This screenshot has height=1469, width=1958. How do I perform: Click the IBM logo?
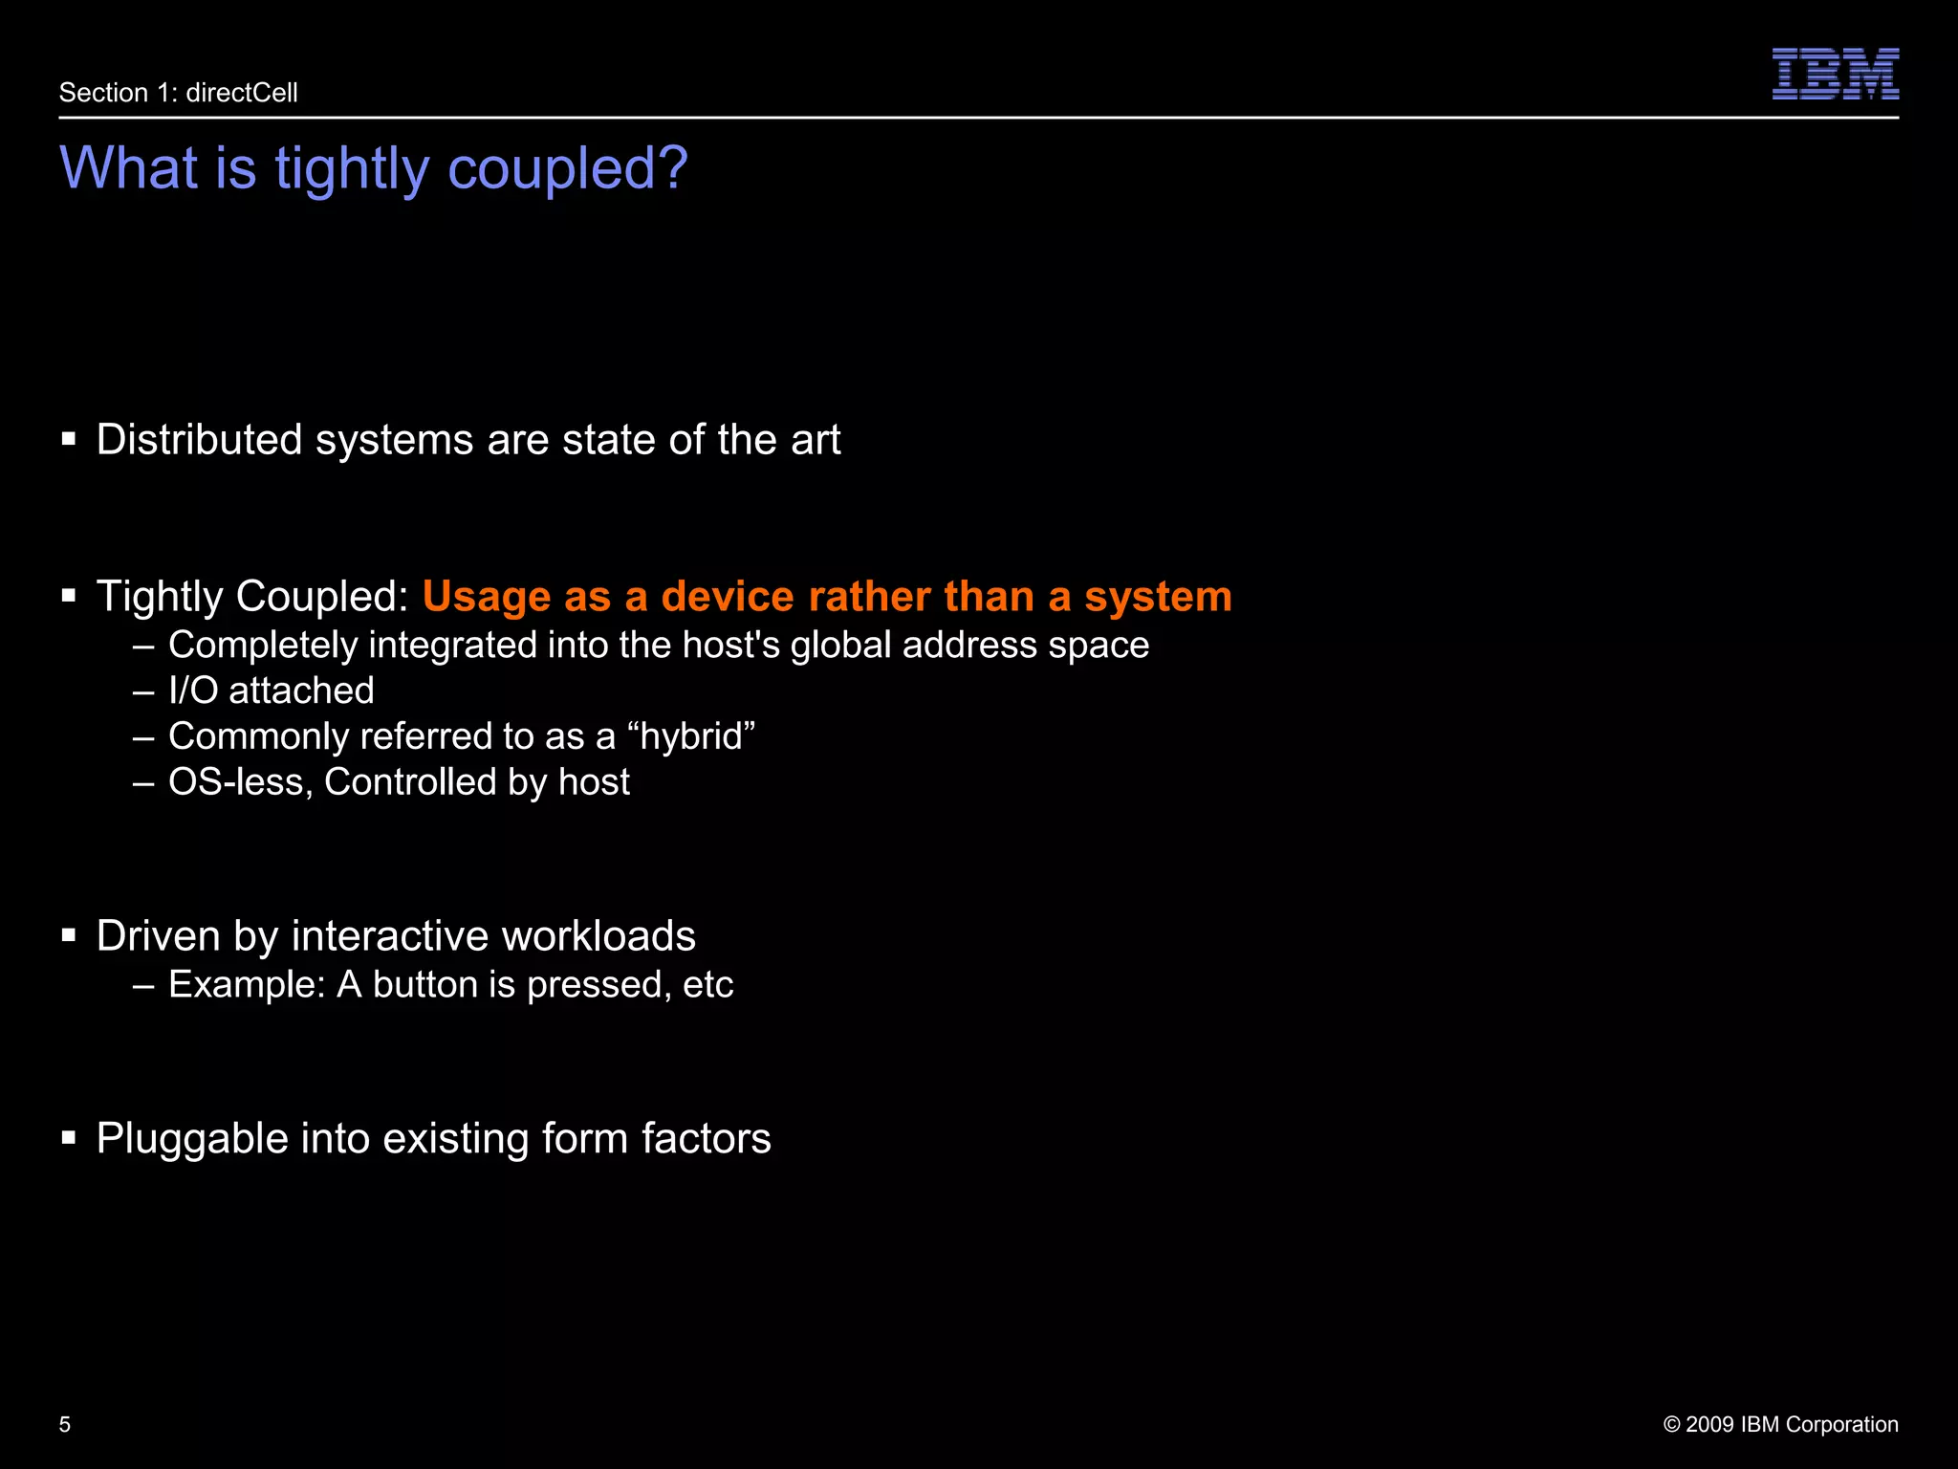pyautogui.click(x=1835, y=75)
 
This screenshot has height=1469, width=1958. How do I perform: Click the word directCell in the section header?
pyautogui.click(x=242, y=93)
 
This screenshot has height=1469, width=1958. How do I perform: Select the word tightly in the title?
pyautogui.click(x=352, y=169)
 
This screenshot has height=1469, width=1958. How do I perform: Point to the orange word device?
pyautogui.click(x=728, y=597)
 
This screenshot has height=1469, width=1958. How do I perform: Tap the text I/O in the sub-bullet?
pyautogui.click(x=193, y=691)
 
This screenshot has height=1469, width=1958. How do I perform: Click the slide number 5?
pyautogui.click(x=65, y=1424)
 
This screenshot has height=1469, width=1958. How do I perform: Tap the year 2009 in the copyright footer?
pyautogui.click(x=1710, y=1424)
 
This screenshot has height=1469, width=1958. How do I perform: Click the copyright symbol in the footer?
pyautogui.click(x=1672, y=1424)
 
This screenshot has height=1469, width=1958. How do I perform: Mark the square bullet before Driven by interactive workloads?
pyautogui.click(x=69, y=935)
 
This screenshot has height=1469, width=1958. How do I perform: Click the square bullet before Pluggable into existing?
pyautogui.click(x=69, y=1138)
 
